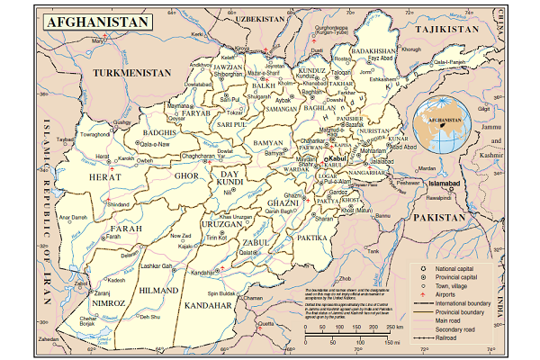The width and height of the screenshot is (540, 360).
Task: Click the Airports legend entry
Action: (450, 295)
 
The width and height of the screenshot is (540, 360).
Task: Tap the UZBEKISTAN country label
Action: (255, 17)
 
